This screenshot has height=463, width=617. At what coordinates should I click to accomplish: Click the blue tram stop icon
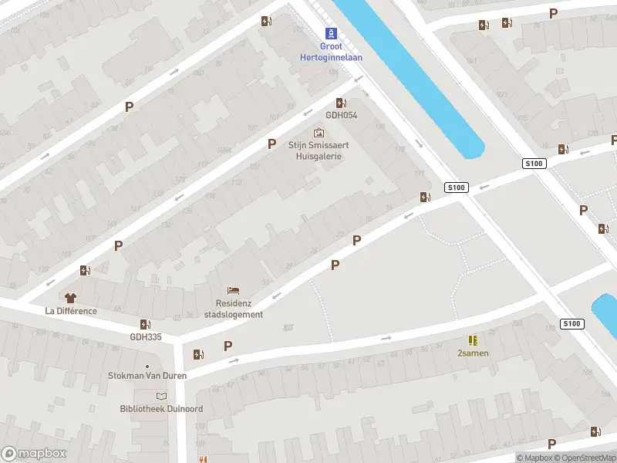click(332, 33)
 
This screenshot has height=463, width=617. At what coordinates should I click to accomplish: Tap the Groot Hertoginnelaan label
click(331, 52)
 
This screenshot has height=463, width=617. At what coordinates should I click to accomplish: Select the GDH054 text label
click(341, 116)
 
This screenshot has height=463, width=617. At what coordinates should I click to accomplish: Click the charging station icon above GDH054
click(341, 103)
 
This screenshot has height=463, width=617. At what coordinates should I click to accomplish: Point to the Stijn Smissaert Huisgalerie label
click(315, 150)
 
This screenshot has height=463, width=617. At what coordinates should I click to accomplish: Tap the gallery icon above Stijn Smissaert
click(319, 133)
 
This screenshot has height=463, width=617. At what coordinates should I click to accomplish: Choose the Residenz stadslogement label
click(234, 309)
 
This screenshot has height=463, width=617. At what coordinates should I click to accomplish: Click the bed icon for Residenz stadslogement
click(234, 291)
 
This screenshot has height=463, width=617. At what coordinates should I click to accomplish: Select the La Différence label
click(71, 311)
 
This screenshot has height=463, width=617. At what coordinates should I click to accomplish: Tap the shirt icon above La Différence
click(70, 298)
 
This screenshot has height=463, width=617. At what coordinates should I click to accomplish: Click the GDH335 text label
click(146, 336)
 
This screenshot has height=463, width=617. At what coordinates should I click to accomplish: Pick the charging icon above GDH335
click(145, 324)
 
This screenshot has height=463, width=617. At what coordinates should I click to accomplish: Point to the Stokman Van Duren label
click(147, 377)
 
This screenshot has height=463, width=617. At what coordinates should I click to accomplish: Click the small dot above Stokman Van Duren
click(147, 367)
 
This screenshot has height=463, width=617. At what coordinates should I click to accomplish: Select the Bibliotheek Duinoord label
click(161, 408)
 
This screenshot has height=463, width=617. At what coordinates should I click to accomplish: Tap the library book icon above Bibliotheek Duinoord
click(161, 396)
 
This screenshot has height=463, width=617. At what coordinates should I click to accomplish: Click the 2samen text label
click(473, 353)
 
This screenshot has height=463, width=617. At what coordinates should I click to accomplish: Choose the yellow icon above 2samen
click(472, 340)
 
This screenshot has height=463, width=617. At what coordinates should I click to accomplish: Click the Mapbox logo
click(34, 454)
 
